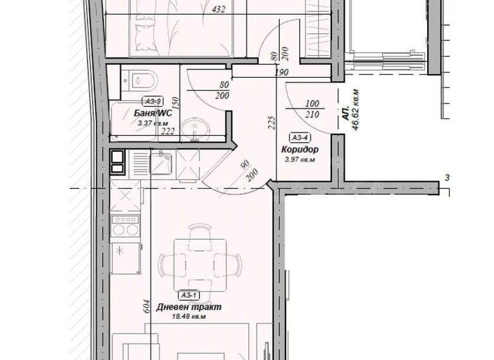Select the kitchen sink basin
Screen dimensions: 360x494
point(161,163)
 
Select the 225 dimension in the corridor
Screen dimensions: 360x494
point(270,122)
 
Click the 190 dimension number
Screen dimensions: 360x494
point(280,73)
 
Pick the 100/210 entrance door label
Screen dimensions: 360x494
point(313,109)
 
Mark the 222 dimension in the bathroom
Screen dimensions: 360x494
point(168,131)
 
